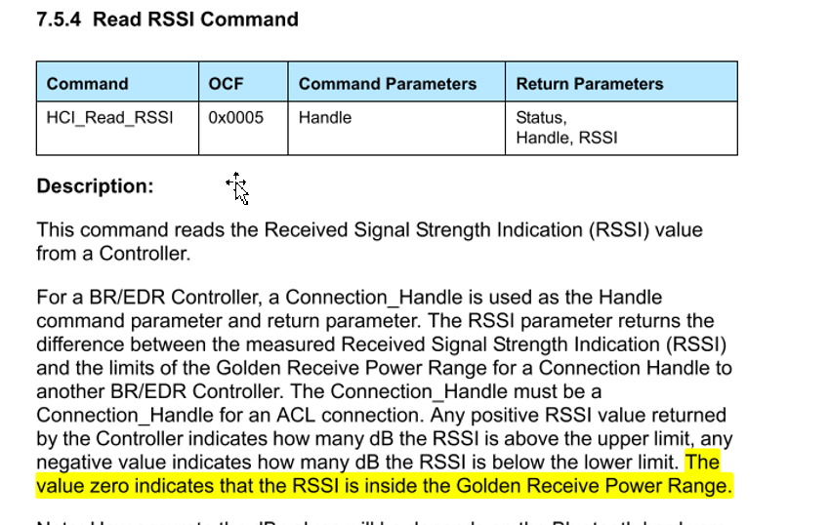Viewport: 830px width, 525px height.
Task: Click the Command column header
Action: (87, 84)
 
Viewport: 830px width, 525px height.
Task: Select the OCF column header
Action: (226, 84)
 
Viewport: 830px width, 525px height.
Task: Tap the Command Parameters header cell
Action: (388, 84)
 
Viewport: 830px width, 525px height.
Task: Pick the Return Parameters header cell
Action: (589, 84)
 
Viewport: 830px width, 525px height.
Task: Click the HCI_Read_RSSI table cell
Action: (109, 117)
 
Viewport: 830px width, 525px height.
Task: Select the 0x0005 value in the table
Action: (235, 117)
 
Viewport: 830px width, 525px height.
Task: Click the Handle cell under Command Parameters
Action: (325, 117)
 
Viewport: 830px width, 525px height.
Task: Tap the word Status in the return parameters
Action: (540, 117)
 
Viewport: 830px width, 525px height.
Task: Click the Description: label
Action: (95, 186)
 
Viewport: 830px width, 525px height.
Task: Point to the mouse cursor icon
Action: (237, 186)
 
